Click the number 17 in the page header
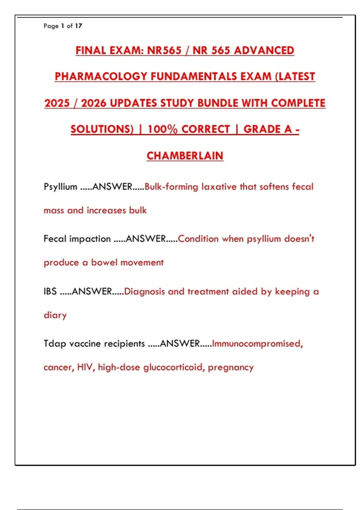point(79,26)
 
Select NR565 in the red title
point(164,50)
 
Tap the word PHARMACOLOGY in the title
point(101,76)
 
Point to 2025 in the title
point(57,103)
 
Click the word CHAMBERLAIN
point(185,156)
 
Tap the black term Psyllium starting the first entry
point(60,187)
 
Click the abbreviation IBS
point(50,291)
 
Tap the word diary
point(55,315)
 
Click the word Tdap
point(55,343)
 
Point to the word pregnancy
point(231,367)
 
